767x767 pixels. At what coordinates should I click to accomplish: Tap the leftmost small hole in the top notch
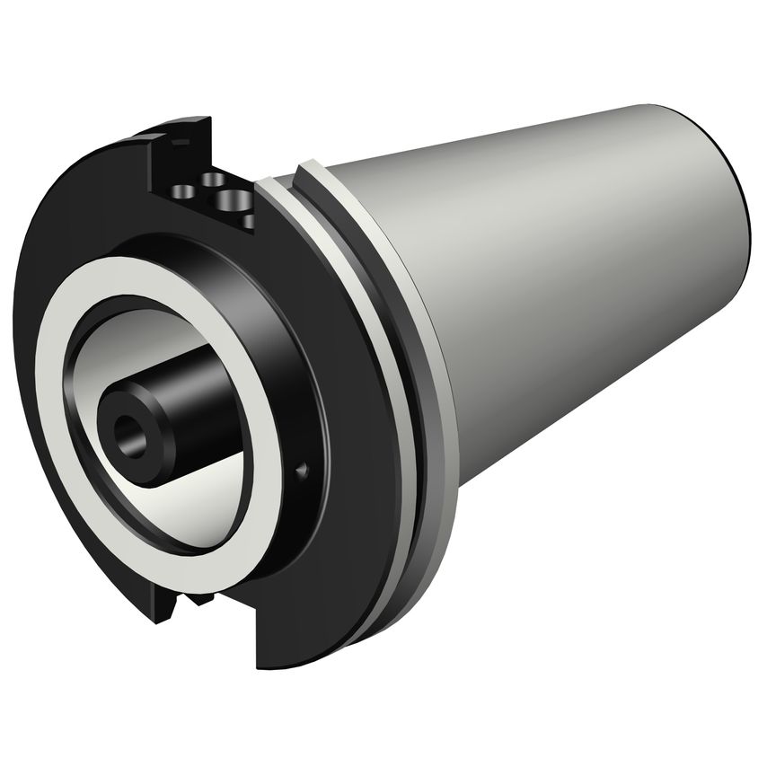tap(184, 190)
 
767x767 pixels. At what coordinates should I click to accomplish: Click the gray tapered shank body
tap(557, 269)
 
